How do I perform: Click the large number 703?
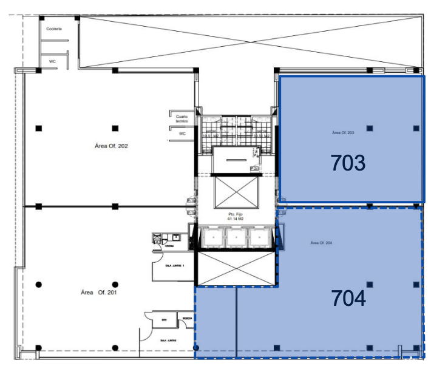[348, 163]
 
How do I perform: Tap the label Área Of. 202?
[112, 146]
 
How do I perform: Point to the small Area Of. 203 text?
[343, 132]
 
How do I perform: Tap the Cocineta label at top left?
[54, 29]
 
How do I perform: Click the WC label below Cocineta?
[52, 61]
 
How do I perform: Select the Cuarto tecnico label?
[181, 118]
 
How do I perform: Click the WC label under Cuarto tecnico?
[182, 134]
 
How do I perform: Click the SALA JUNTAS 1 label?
[175, 265]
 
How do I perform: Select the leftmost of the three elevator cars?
[212, 237]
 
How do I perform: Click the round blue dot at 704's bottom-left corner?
[195, 347]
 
